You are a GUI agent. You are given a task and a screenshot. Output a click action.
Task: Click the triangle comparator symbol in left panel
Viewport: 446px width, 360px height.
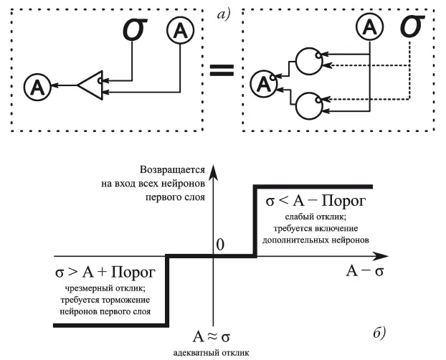(91, 85)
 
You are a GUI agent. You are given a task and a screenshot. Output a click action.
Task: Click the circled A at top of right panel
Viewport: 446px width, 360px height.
(369, 29)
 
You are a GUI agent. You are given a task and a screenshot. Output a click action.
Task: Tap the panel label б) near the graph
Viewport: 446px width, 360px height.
(379, 331)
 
